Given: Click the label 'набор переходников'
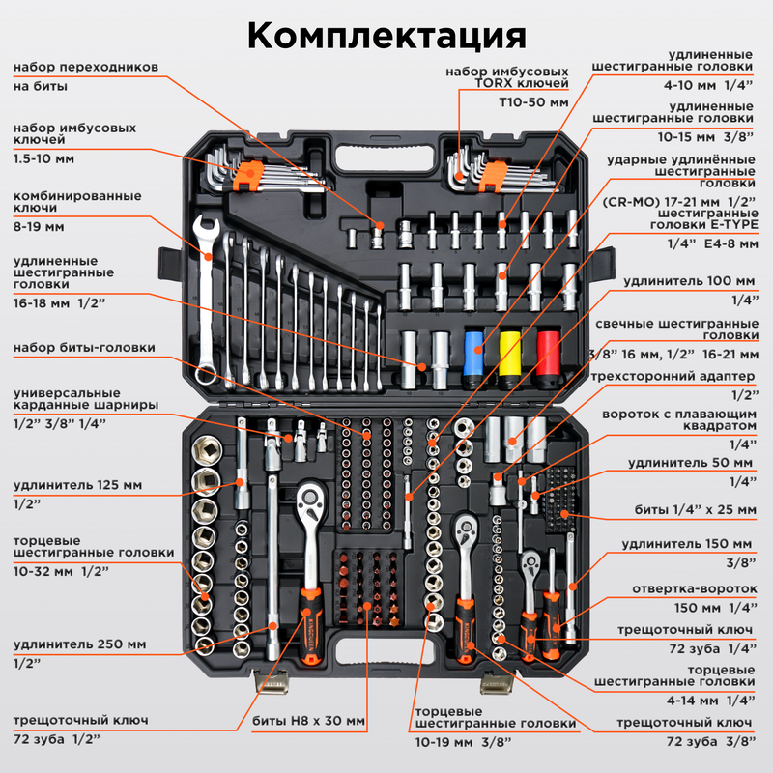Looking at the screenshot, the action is [x=86, y=68].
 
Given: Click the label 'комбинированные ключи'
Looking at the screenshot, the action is [x=77, y=201].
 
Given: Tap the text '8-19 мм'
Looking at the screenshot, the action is [x=39, y=228].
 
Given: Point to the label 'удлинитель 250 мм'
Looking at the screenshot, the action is [x=80, y=644].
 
